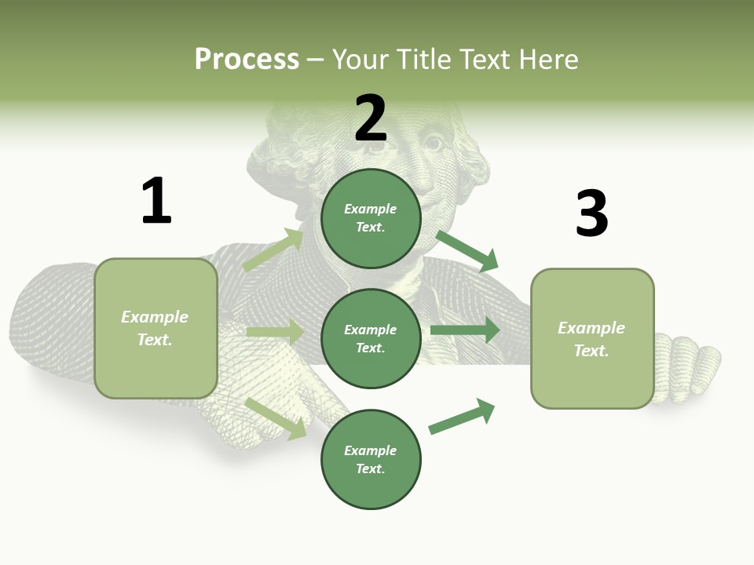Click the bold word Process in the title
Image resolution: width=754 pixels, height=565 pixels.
coord(247,60)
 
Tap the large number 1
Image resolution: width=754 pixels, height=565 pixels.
coord(156,201)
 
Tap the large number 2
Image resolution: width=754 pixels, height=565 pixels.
coord(371,118)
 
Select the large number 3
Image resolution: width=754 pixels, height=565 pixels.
coord(591,213)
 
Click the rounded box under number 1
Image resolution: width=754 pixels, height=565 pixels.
coord(156,328)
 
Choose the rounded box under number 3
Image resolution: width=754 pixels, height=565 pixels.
coord(592,338)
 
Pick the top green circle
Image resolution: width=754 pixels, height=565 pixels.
coord(371,218)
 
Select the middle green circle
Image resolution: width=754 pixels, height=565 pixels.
coord(371,338)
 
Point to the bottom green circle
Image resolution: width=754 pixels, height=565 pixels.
coord(371,459)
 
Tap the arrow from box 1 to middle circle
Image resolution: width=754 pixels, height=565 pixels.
coord(275,332)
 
